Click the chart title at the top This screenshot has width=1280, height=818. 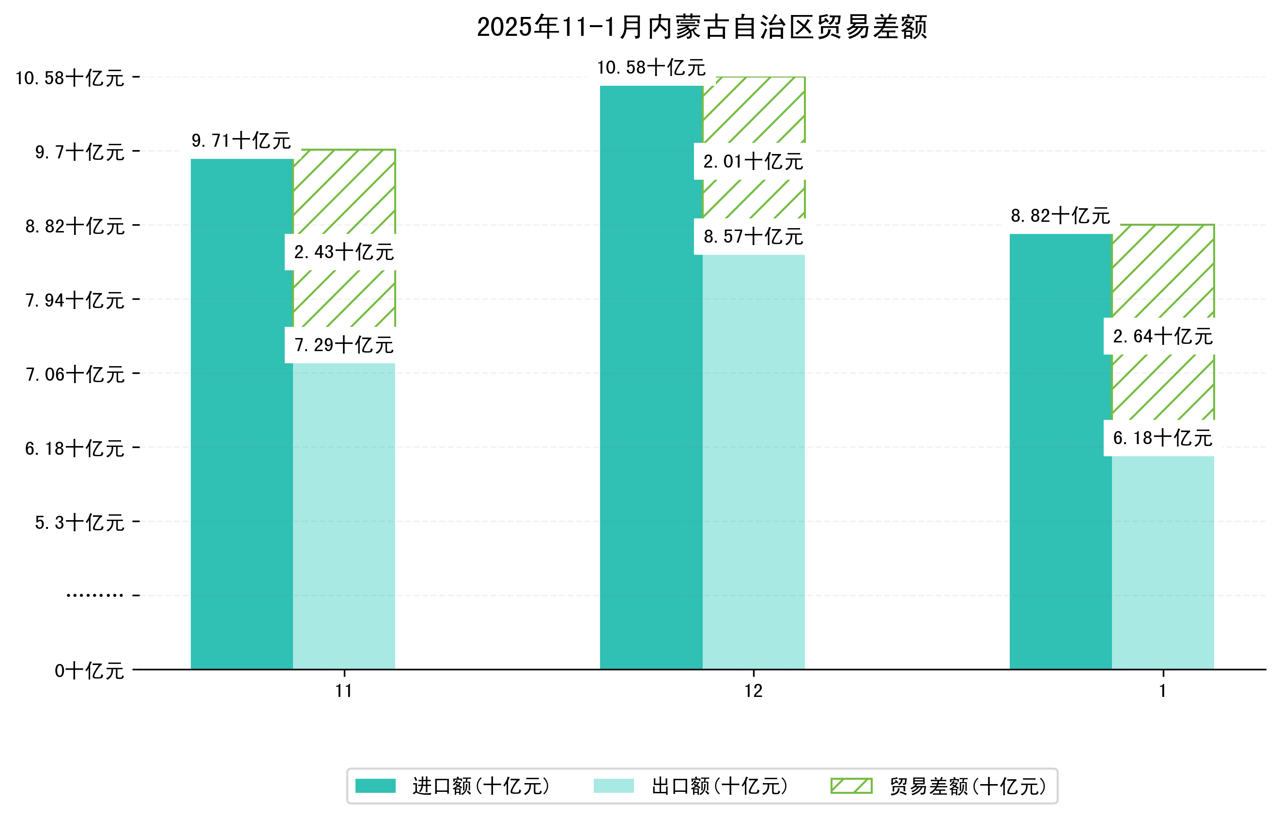(x=702, y=27)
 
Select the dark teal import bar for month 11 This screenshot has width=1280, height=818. (x=242, y=415)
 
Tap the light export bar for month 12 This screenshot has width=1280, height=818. (x=753, y=463)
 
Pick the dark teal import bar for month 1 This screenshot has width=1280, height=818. (x=1061, y=452)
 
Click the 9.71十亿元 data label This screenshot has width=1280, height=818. (x=241, y=141)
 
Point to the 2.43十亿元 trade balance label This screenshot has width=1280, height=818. (x=344, y=252)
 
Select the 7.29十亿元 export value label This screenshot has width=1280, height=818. (x=344, y=345)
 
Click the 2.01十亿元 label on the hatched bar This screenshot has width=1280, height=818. (x=753, y=162)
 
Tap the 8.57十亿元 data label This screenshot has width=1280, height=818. (x=753, y=236)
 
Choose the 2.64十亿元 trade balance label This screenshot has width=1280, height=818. (x=1162, y=337)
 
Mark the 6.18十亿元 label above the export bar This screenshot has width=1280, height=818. (x=1162, y=438)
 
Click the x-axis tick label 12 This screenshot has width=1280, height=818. (x=753, y=691)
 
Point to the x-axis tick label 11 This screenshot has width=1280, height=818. (x=344, y=691)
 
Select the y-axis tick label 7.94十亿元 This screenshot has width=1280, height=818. (x=75, y=300)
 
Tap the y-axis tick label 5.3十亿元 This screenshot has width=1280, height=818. (x=79, y=523)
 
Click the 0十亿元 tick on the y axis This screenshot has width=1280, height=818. (x=89, y=671)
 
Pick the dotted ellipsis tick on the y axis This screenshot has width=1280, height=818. (x=94, y=595)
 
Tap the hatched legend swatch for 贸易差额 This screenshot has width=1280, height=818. (x=851, y=786)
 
